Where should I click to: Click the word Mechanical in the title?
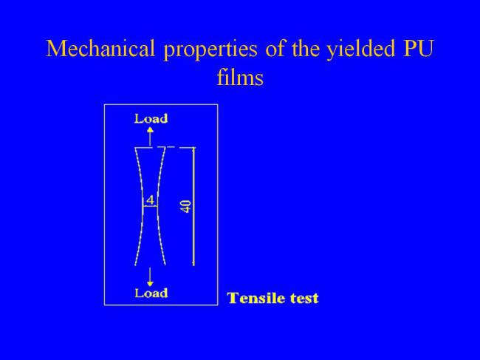pos(100,48)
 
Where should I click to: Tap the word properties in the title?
pos(210,50)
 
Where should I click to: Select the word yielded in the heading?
pos(360,50)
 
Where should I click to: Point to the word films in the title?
pos(240,76)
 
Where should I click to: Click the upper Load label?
pos(151,118)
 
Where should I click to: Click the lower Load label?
pos(151,293)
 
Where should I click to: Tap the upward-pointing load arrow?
pos(150,136)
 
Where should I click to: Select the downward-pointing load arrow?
pos(150,277)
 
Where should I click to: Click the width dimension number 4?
pos(150,200)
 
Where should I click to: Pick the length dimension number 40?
pos(186,206)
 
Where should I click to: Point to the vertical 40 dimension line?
pos(193,206)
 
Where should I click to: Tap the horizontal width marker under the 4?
pos(150,206)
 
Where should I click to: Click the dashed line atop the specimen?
pos(165,147)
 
